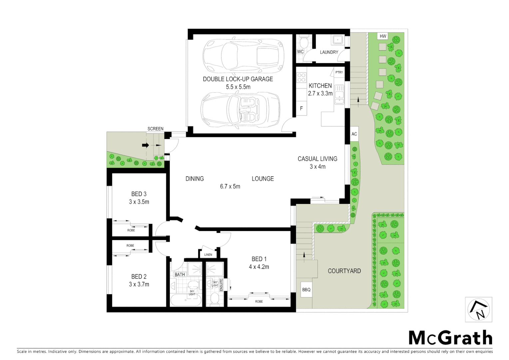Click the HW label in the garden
383,36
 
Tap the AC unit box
354,134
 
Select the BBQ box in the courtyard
306,290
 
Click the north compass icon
478,310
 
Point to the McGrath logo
450,338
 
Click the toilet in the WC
303,42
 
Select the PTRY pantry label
339,72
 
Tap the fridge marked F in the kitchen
301,109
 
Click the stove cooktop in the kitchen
301,77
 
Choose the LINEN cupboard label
208,255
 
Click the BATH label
180,275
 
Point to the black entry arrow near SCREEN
145,145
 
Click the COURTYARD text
344,271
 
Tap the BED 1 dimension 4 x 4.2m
259,267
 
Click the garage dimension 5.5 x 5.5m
238,87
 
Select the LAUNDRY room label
329,52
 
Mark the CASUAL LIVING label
317,159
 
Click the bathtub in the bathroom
186,300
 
